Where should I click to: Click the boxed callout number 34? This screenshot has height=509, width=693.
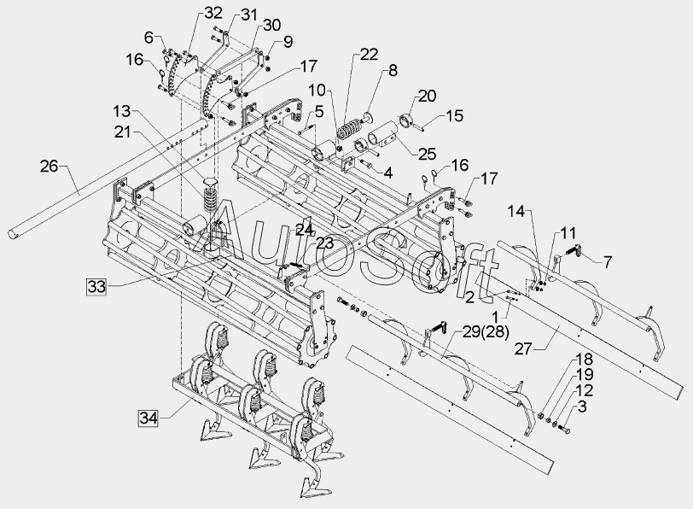[x=147, y=418]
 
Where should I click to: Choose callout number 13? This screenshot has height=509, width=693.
[x=122, y=111]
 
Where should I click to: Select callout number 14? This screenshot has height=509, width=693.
[x=518, y=211]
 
